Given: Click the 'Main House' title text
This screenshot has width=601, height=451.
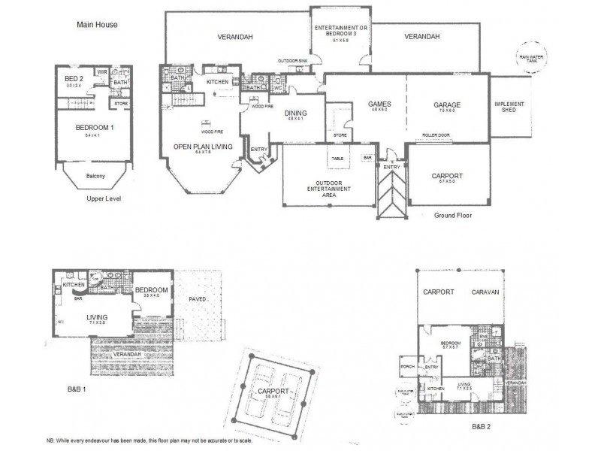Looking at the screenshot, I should pyautogui.click(x=97, y=24).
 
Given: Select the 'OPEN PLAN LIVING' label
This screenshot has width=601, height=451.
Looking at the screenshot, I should pyautogui.click(x=203, y=146).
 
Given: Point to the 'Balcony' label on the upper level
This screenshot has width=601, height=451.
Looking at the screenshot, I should pyautogui.click(x=95, y=176).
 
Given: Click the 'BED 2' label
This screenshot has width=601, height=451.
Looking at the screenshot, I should pyautogui.click(x=74, y=79).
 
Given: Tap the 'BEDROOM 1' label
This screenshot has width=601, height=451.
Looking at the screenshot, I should pyautogui.click(x=95, y=128).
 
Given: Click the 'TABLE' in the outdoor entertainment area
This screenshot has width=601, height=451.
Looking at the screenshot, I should pyautogui.click(x=337, y=159).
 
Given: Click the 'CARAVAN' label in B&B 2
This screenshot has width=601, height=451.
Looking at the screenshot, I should pyautogui.click(x=487, y=292).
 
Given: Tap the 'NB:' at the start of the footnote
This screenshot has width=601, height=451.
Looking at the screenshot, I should pyautogui.click(x=50, y=440).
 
